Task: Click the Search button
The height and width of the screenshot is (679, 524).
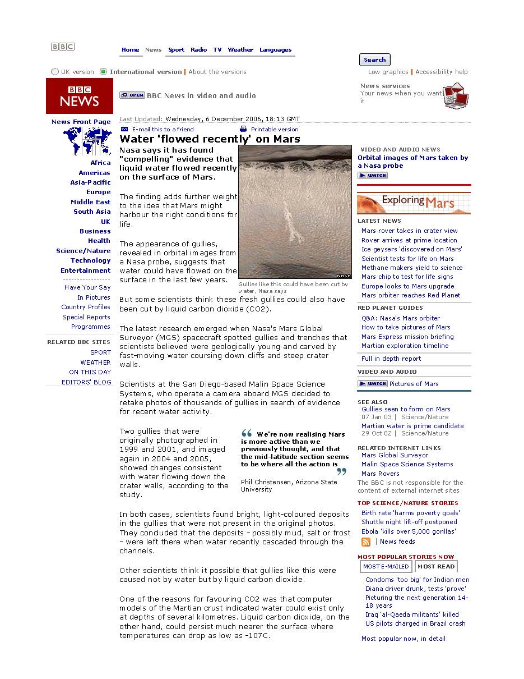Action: point(374,60)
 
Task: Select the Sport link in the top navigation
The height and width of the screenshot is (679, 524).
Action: point(176,50)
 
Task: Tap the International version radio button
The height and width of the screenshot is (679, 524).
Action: point(103,72)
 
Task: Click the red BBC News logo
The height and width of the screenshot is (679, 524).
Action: point(80,96)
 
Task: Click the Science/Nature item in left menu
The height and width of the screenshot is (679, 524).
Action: point(83,251)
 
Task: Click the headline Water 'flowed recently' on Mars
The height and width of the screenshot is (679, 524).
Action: point(210,139)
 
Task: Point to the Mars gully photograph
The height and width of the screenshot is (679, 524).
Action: point(295,212)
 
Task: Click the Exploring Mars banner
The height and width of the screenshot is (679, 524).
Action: point(414,203)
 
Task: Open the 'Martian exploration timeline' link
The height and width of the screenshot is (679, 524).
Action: point(405,346)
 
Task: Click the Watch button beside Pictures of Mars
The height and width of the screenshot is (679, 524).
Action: point(373,384)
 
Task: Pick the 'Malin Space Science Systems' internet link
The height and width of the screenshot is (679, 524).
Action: point(407,465)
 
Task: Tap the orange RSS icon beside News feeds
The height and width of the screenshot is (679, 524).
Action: point(366,542)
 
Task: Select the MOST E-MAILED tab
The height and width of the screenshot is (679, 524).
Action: point(386,567)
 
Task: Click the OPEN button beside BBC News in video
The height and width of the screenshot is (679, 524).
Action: point(132,95)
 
